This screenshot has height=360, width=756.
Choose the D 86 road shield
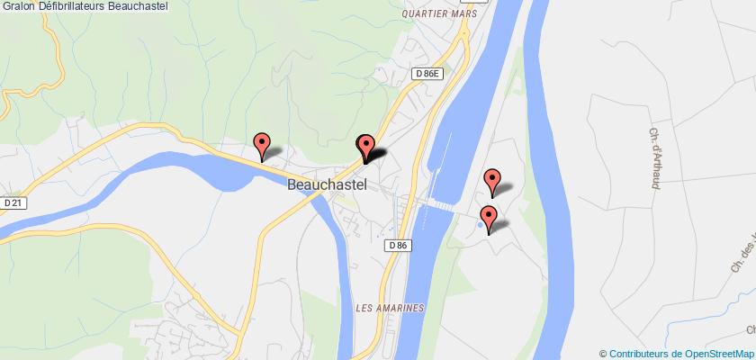pyautogui.click(x=401, y=244)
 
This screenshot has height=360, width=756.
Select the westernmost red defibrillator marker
pyautogui.click(x=262, y=144)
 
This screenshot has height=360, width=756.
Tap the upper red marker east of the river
pyautogui.click(x=492, y=180)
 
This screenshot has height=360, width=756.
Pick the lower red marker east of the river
pyautogui.click(x=489, y=217)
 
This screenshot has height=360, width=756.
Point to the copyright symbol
pyautogui.click(x=603, y=352)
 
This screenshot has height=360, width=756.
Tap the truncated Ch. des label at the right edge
pyautogui.click(x=742, y=234)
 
